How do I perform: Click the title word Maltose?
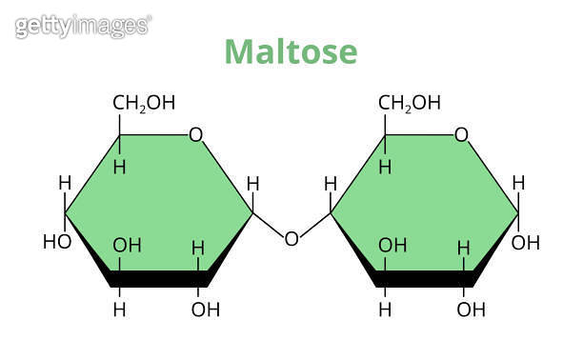point(291,51)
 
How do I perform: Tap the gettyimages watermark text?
point(83,26)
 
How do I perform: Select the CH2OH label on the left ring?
point(144,103)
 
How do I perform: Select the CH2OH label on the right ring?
point(410,103)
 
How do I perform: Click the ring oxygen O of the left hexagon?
point(195,134)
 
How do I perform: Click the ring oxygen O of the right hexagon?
point(461,134)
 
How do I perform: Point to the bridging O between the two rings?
point(291,238)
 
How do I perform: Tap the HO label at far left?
point(57,242)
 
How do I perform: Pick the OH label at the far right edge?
point(526,242)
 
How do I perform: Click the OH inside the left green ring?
point(127,246)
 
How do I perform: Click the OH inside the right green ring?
point(392,246)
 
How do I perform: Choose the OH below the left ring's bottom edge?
point(205,310)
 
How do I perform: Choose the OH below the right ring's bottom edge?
point(471,310)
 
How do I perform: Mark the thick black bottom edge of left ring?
point(158,279)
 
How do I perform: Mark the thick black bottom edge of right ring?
point(424,279)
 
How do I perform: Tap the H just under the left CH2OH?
point(119,168)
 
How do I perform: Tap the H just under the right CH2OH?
point(385,168)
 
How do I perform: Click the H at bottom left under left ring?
point(119,310)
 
